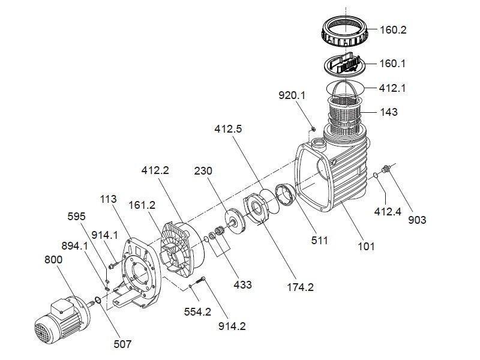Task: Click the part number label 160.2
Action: (x=394, y=29)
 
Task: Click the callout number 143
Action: (x=389, y=112)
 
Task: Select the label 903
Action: (x=416, y=220)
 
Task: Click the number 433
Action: (x=243, y=284)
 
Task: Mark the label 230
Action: (x=204, y=170)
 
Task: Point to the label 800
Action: (x=53, y=260)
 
